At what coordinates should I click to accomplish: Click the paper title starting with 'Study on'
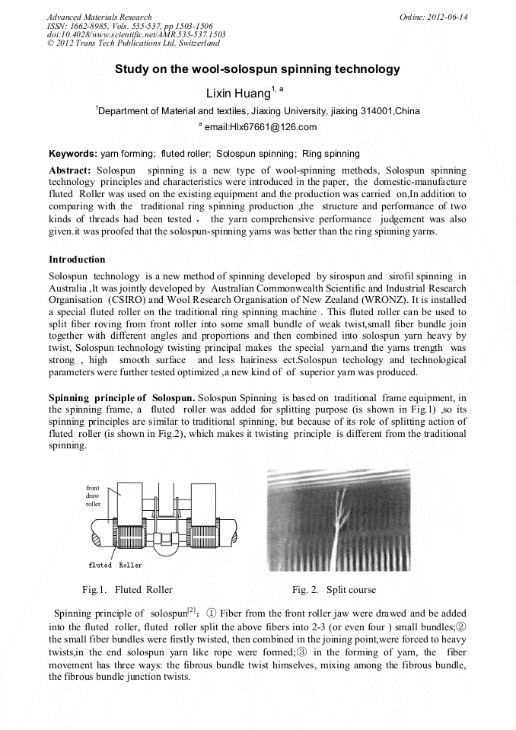coord(257,69)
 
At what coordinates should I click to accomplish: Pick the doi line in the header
coord(135,35)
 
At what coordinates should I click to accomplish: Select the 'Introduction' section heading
coord(77,260)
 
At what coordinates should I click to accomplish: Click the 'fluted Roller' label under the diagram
coord(115,565)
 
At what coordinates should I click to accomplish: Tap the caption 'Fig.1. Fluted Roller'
coord(127,589)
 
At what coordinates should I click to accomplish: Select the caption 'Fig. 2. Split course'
coord(333,589)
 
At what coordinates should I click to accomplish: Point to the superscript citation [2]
coord(193,610)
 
